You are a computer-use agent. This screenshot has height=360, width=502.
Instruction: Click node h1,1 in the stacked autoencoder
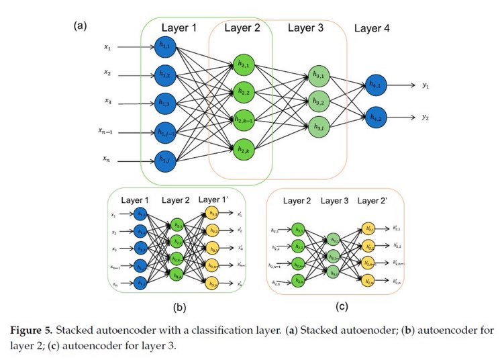point(164,47)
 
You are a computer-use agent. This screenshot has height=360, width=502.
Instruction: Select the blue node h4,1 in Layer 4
point(376,86)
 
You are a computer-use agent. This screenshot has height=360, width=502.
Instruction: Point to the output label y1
point(425,86)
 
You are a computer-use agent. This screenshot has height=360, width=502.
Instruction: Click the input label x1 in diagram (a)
point(107,47)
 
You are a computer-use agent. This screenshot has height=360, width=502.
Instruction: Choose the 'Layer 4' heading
point(372,28)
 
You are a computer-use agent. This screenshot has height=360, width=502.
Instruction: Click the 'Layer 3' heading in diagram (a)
point(305,28)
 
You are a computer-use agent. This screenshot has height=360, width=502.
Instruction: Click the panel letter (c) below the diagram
point(342,307)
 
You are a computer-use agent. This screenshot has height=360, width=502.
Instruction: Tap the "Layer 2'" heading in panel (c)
point(376,201)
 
